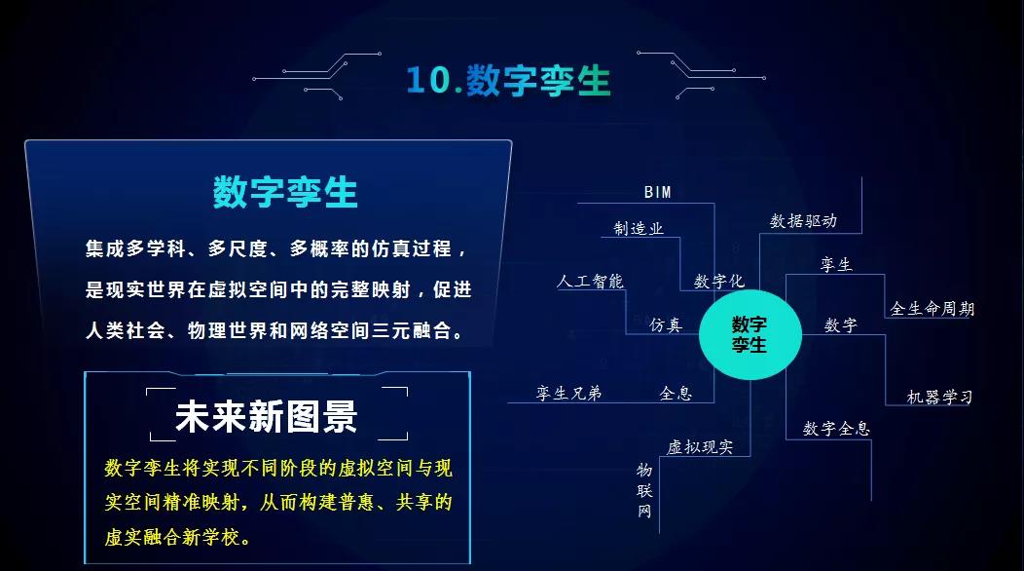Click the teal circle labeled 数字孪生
click(x=750, y=334)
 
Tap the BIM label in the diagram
click(x=657, y=192)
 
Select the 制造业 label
click(x=638, y=228)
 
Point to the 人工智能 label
click(x=590, y=281)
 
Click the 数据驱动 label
click(x=803, y=221)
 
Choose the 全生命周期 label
click(x=932, y=309)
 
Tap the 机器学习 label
click(x=939, y=397)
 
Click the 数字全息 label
click(x=836, y=428)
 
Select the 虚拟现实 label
click(x=700, y=447)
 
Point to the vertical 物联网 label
click(x=644, y=489)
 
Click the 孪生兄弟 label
click(x=569, y=393)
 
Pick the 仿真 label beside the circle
click(x=666, y=325)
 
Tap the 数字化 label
click(x=718, y=281)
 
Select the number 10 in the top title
click(x=427, y=81)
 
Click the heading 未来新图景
click(x=266, y=416)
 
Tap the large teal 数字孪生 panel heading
click(x=285, y=192)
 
